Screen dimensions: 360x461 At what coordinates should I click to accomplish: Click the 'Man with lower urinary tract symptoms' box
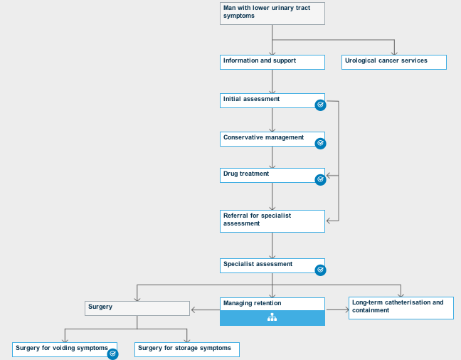pos(272,14)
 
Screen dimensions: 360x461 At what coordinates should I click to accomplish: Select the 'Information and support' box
pos(272,62)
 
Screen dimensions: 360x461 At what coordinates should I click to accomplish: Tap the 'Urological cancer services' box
pos(393,62)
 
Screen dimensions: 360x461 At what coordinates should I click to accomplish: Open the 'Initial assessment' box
pos(267,100)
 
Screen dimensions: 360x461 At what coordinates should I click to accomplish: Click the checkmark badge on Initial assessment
pos(320,105)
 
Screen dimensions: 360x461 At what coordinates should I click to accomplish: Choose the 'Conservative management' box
pos(267,139)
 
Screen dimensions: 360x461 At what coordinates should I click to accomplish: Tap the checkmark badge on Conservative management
pos(320,143)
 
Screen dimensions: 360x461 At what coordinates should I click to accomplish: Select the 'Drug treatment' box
pos(267,175)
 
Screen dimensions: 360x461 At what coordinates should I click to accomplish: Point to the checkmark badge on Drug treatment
pos(320,179)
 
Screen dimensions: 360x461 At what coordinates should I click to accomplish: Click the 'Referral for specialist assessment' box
pos(272,221)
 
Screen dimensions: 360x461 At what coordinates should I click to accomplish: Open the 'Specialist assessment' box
pos(267,265)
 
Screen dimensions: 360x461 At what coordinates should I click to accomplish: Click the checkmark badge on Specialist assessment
pos(320,270)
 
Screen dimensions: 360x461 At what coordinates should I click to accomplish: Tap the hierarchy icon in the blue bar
pos(272,318)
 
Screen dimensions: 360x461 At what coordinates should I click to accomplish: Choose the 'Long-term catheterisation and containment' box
pos(401,307)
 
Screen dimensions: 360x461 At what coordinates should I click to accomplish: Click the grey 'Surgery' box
pos(137,308)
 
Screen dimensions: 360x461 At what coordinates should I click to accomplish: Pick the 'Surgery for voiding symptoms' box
pos(60,349)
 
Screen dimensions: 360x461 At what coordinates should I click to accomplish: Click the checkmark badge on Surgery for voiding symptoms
pos(112,353)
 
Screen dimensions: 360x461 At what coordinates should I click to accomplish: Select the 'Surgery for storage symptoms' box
pos(186,349)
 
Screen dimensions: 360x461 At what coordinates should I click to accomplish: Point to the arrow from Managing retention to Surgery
pos(205,309)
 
